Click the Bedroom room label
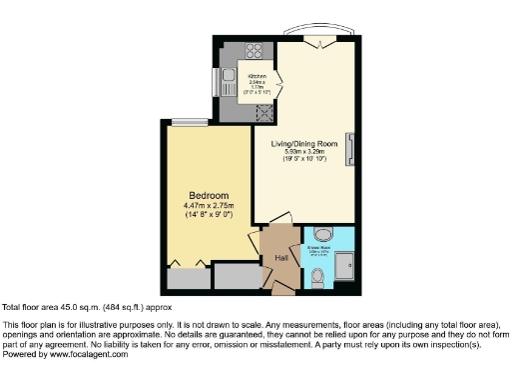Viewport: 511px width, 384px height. tap(211, 195)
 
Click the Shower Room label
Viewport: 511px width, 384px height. tap(319, 237)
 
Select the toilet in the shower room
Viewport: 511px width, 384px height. tap(317, 273)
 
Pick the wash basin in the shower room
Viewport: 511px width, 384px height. tap(309, 237)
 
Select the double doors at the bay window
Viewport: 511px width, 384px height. tap(317, 41)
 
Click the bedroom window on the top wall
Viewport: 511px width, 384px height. tap(184, 122)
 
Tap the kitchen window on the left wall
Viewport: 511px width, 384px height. tap(213, 82)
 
